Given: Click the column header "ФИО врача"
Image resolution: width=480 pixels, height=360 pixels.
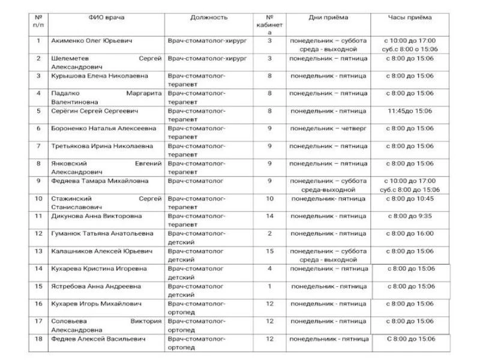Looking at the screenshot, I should pyautogui.click(x=106, y=17).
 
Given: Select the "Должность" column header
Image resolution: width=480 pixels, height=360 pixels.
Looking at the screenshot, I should pyautogui.click(x=209, y=17).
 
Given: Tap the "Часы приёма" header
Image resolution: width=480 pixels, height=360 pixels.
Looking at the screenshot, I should pyautogui.click(x=410, y=17).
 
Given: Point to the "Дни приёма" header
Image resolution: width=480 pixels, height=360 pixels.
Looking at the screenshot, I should pyautogui.click(x=328, y=17).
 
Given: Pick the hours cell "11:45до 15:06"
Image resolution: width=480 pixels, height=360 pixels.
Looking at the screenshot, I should pyautogui.click(x=410, y=111).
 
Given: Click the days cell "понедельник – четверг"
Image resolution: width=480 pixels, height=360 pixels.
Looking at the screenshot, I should pyautogui.click(x=328, y=128).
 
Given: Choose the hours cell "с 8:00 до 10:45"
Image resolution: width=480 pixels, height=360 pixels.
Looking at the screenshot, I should pyautogui.click(x=410, y=198).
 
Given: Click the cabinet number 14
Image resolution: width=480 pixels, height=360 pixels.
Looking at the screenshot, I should pyautogui.click(x=269, y=215).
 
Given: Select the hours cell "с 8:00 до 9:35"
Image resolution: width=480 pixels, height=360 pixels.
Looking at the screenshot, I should pyautogui.click(x=410, y=215).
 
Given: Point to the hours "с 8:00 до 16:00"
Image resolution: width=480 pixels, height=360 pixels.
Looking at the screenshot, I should pyautogui.click(x=410, y=233).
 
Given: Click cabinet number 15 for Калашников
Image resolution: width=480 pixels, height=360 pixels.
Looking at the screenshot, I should pyautogui.click(x=269, y=251).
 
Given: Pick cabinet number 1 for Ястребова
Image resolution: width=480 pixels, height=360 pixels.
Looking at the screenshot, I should pyautogui.click(x=269, y=286).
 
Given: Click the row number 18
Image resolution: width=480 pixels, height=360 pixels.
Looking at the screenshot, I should pyautogui.click(x=38, y=339).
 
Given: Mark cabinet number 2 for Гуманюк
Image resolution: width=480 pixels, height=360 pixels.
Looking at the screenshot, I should pyautogui.click(x=269, y=233).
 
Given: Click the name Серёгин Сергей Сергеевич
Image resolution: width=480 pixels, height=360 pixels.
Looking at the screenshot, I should pyautogui.click(x=95, y=111).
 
